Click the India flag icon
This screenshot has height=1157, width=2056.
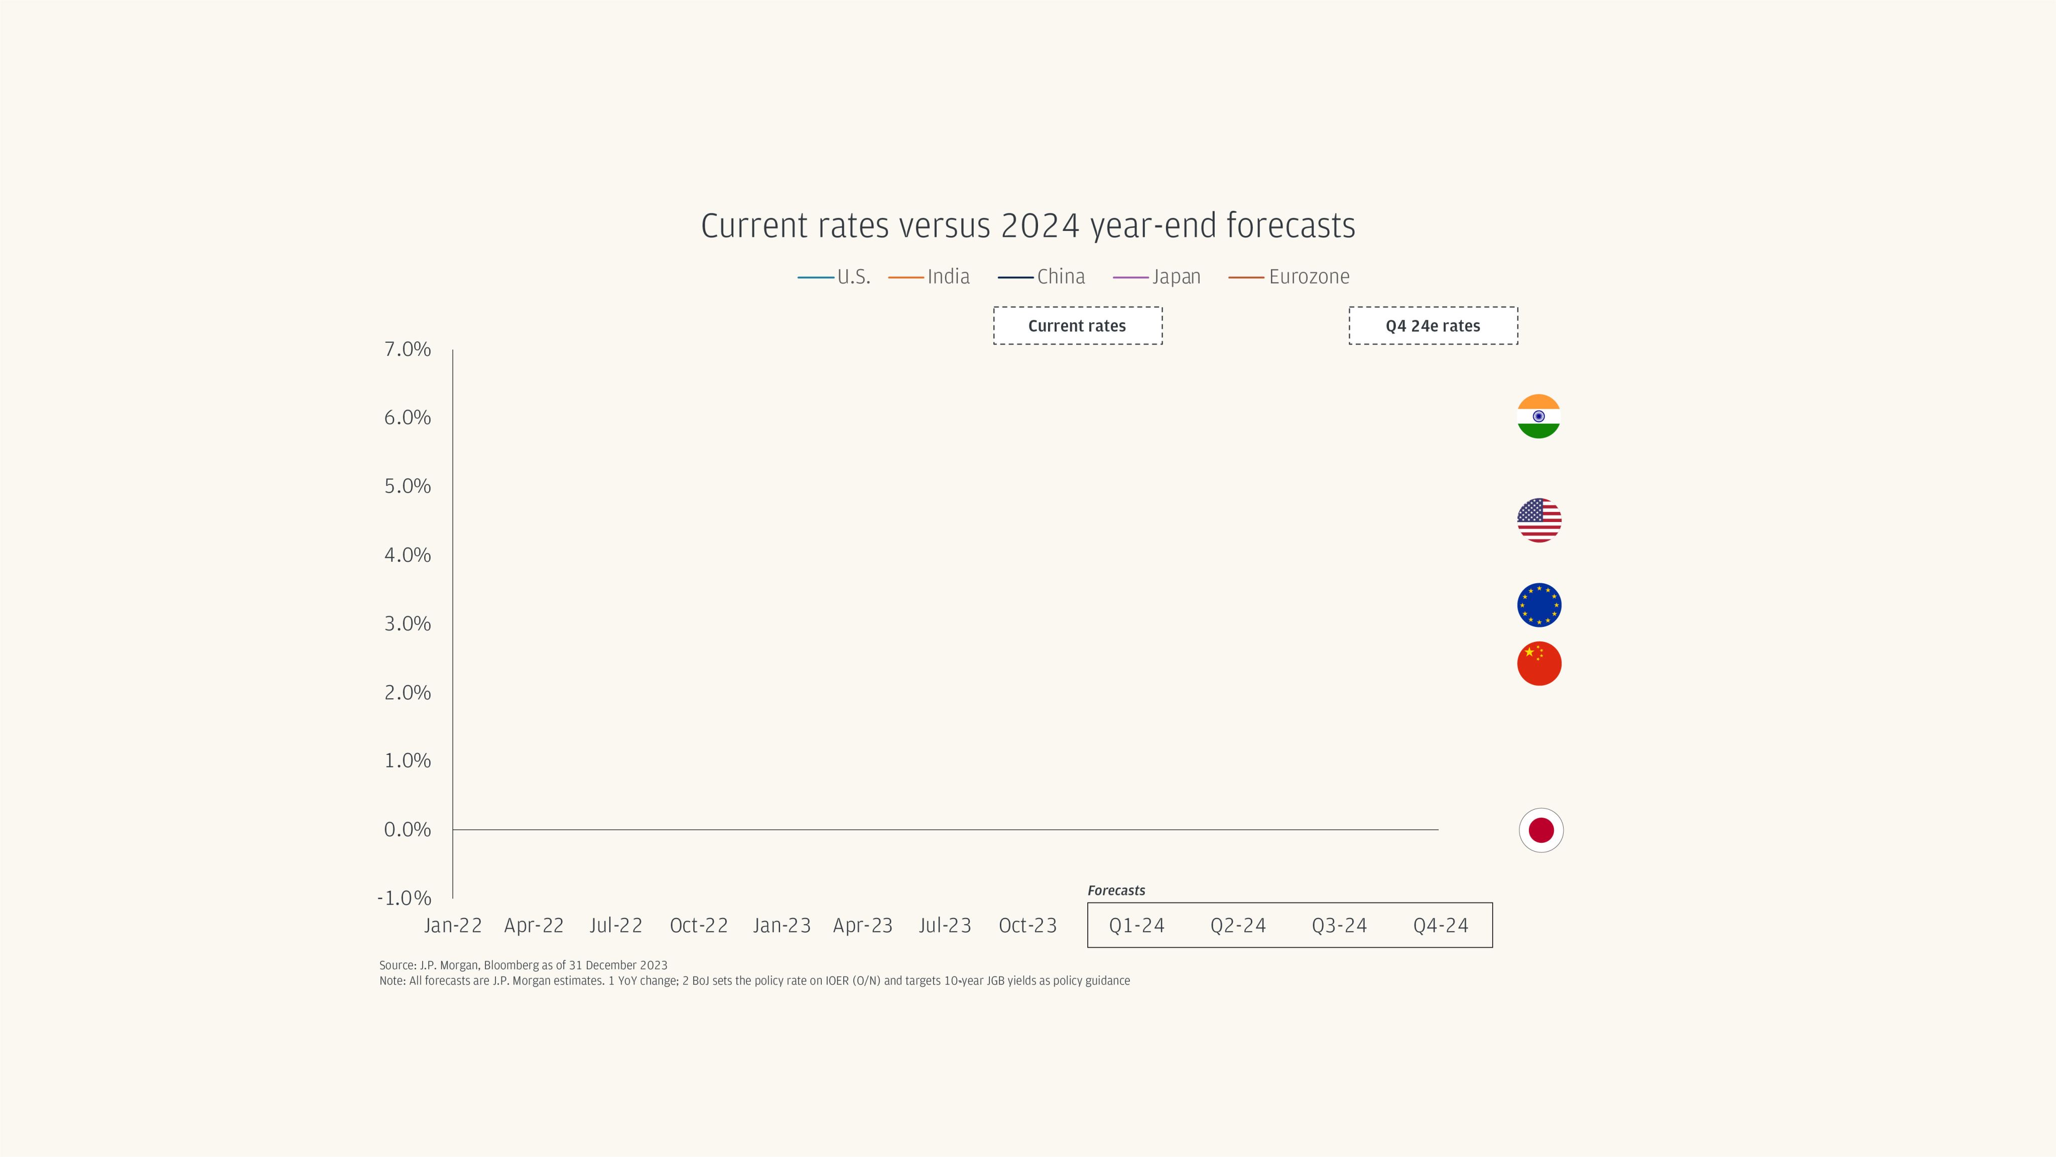coord(1538,417)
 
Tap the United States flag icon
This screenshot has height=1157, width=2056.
coord(1539,520)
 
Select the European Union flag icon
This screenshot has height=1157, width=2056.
coord(1539,605)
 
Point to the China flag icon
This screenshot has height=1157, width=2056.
coord(1539,663)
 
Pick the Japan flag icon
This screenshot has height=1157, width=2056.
coord(1540,830)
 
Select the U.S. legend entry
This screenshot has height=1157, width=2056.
coord(834,277)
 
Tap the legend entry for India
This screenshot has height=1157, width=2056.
coord(929,277)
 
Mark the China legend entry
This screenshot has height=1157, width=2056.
coord(1042,277)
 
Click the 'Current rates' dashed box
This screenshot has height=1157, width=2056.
coord(1078,326)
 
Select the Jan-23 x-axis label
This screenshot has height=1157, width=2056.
coord(782,926)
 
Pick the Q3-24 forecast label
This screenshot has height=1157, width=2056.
coord(1339,926)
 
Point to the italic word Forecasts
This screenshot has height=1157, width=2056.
coord(1116,890)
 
